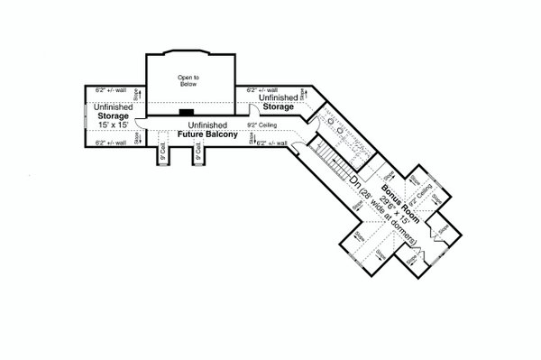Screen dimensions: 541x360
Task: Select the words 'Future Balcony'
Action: [207, 134]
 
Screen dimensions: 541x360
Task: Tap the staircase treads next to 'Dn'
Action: [338, 167]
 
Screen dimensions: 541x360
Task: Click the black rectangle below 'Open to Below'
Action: [187, 113]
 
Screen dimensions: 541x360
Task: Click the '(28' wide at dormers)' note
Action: [380, 216]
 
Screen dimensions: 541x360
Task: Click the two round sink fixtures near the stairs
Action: [335, 125]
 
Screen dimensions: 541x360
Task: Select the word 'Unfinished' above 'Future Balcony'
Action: [207, 125]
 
